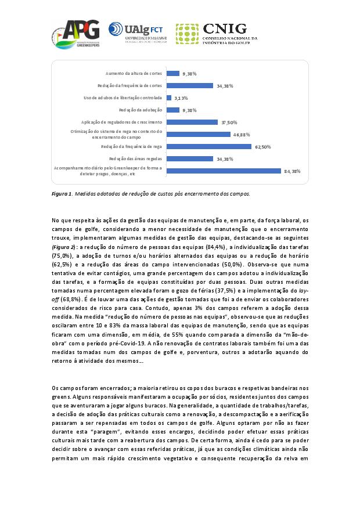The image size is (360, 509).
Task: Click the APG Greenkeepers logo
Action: pos(75,34)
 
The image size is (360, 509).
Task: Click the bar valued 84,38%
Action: pos(224,171)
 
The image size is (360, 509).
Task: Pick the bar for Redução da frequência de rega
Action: pos(209,146)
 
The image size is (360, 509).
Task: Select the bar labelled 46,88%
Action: pos(198,134)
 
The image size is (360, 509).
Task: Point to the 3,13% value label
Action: pos(181,98)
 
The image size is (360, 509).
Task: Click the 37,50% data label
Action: pos(228,122)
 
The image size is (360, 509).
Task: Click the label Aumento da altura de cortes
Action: pos(134,74)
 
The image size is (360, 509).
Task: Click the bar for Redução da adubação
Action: pos(172,110)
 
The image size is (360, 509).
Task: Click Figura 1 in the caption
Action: pos(62,193)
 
